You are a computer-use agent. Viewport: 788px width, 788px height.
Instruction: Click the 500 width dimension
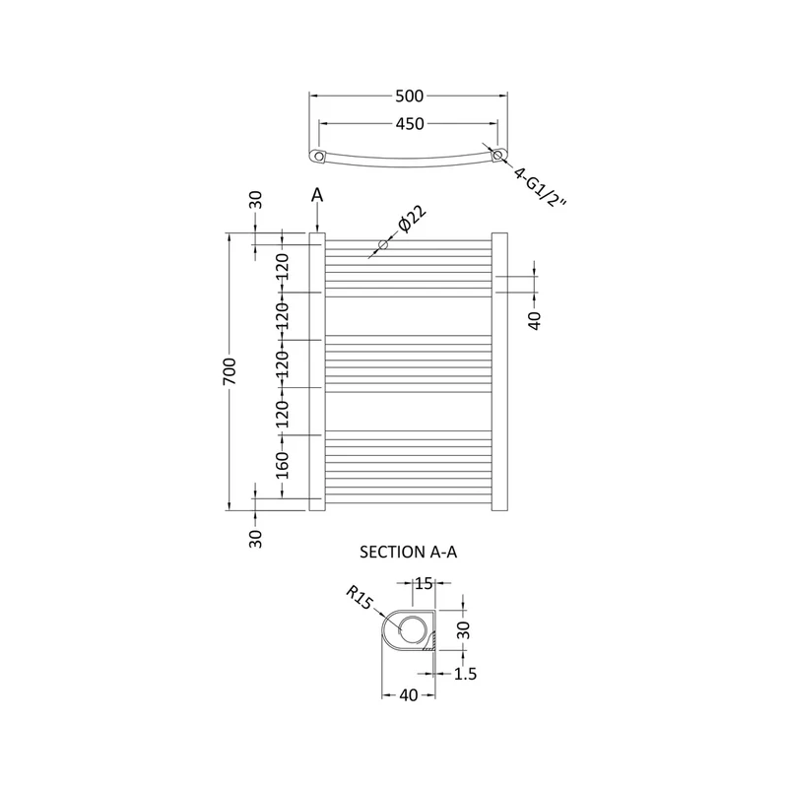click(409, 96)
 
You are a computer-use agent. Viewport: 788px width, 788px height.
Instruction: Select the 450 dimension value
click(410, 124)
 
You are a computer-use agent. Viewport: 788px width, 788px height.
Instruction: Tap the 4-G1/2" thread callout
click(540, 187)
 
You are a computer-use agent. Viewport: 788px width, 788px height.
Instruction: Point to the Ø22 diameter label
click(412, 219)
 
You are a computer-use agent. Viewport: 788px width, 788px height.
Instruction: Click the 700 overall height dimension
click(230, 371)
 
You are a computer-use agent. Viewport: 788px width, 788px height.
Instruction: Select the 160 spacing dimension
click(283, 465)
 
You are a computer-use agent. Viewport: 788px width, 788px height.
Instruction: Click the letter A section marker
click(317, 194)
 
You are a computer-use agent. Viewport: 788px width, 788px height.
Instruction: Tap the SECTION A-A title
click(408, 552)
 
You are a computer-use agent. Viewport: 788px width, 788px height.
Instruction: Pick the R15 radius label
click(360, 598)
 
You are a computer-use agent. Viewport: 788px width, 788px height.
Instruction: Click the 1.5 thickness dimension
click(465, 674)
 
